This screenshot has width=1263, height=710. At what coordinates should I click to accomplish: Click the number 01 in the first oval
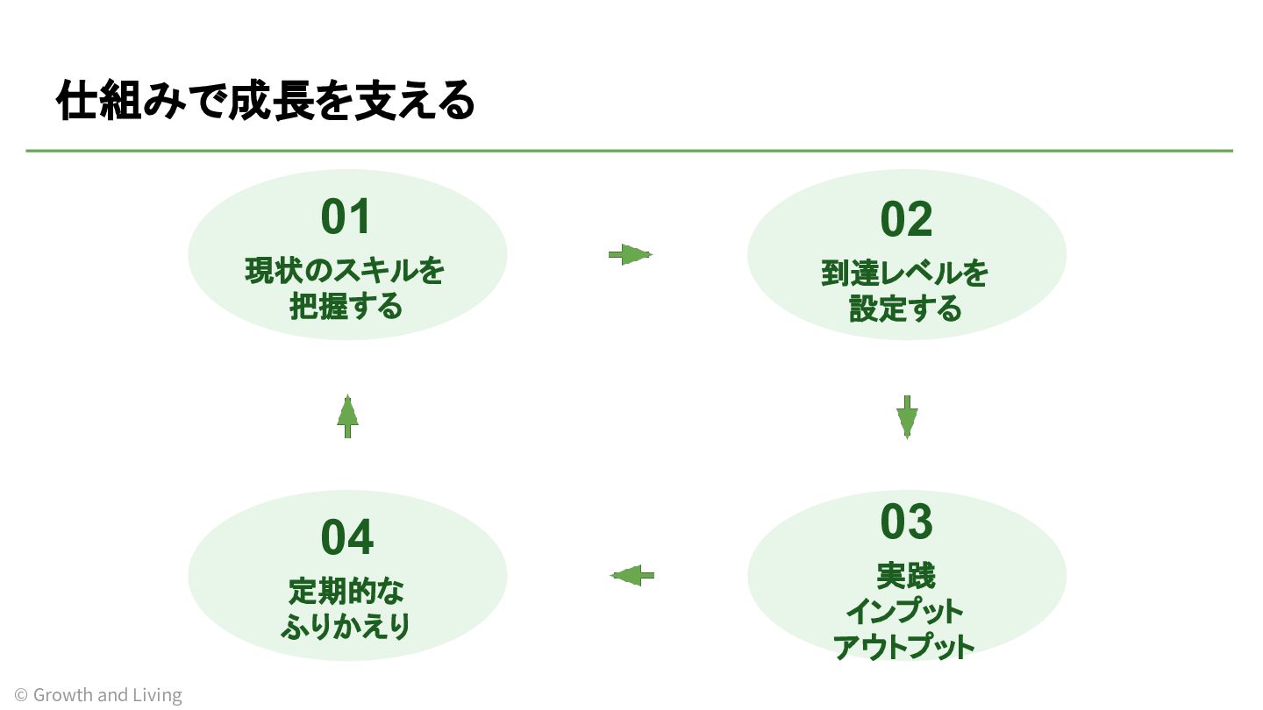[x=345, y=217]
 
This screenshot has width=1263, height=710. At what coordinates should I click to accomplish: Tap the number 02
[x=906, y=219]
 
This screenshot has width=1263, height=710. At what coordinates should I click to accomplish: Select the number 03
[x=907, y=522]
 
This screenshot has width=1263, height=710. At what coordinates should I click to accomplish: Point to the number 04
[x=346, y=537]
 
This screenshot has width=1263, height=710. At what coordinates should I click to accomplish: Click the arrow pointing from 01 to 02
[x=631, y=255]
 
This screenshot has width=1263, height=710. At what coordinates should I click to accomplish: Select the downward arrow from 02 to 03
[x=907, y=417]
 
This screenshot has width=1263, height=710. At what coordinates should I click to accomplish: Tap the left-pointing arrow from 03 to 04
[x=632, y=575]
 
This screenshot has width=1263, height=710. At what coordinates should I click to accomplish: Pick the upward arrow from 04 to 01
[x=347, y=416]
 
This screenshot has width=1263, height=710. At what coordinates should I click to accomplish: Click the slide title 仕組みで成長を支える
[x=266, y=100]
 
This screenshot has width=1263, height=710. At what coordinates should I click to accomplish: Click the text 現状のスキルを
[x=345, y=271]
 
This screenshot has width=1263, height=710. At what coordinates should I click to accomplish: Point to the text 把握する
[x=346, y=307]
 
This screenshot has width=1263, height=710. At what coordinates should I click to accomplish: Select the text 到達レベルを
[x=904, y=273]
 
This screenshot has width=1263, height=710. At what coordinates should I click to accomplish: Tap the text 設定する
[x=905, y=309]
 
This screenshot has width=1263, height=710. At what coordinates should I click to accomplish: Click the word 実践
[x=905, y=576]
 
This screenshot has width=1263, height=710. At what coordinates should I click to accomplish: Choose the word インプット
[x=904, y=612]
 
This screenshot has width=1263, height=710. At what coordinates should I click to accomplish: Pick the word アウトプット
[x=903, y=647]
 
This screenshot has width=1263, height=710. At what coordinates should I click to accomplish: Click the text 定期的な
[x=346, y=592]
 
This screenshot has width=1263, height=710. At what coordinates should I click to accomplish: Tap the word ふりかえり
[x=345, y=627]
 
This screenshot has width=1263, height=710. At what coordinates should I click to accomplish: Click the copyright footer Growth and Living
[x=98, y=695]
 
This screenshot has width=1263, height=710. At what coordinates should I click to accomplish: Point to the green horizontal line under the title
[x=629, y=151]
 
